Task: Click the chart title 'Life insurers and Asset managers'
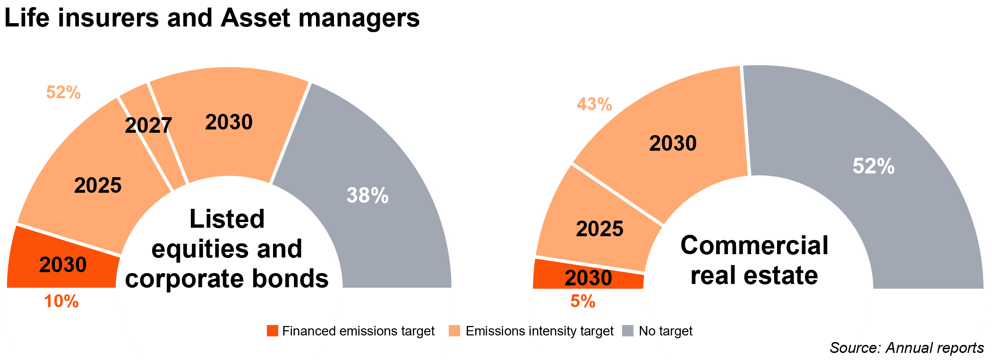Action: [212, 18]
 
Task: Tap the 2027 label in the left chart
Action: [148, 126]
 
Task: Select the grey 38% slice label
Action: [368, 195]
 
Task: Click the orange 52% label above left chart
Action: [63, 93]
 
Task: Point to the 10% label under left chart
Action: [61, 301]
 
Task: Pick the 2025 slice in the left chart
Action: [98, 185]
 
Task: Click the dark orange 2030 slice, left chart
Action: [63, 265]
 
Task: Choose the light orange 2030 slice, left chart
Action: [229, 122]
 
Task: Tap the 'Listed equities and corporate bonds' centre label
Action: [227, 249]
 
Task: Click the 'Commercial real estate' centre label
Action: [754, 260]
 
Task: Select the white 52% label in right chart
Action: [873, 166]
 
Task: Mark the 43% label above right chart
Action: [594, 104]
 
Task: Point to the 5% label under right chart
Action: [583, 301]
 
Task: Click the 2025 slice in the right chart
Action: [599, 229]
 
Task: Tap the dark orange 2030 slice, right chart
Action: [588, 278]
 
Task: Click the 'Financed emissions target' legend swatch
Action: [273, 331]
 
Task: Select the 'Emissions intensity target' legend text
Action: [539, 331]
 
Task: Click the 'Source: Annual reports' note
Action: [906, 348]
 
